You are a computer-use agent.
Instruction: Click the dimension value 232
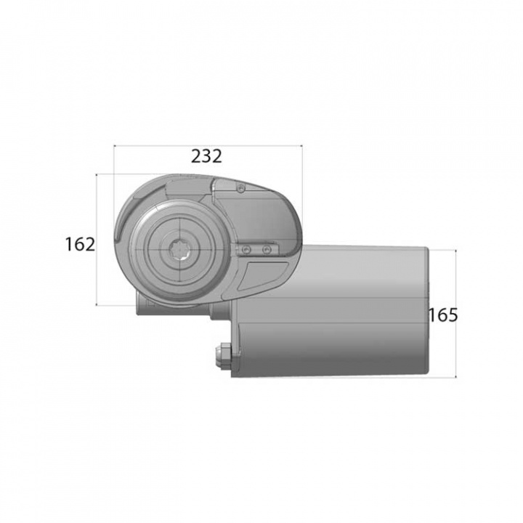point(206,156)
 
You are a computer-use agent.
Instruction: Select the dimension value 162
point(80,244)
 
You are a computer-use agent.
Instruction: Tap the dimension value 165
point(442,315)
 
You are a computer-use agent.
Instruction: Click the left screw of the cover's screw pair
point(247,249)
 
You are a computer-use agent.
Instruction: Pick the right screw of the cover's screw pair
point(267,249)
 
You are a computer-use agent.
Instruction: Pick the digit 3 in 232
point(206,156)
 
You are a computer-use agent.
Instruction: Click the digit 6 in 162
point(80,244)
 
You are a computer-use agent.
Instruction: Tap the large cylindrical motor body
point(341,312)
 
